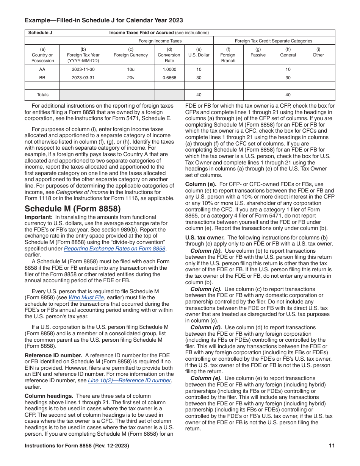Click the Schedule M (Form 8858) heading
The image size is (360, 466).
pos(72,209)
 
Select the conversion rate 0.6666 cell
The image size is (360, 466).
pos(169,78)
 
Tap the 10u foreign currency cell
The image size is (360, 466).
pos(131,69)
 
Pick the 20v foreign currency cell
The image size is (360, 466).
pos(131,78)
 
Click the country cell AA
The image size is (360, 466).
pos(42,69)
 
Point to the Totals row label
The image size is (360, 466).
pos(42,95)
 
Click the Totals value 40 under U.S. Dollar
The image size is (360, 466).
pos(199,95)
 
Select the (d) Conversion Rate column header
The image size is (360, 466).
pos(169,55)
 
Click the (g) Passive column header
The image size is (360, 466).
pos(258,52)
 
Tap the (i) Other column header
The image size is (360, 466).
pos(318,52)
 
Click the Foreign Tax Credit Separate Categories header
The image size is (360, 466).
pos(274,41)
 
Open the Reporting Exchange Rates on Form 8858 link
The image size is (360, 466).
pos(114,249)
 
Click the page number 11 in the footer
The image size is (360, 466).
pos(332,446)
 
